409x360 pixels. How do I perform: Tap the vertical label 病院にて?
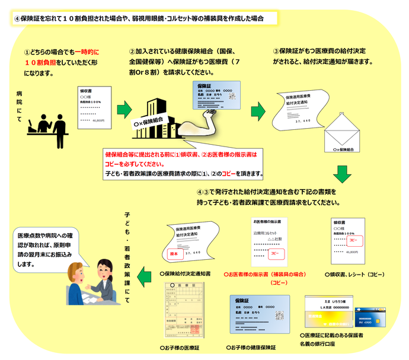(20, 107)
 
